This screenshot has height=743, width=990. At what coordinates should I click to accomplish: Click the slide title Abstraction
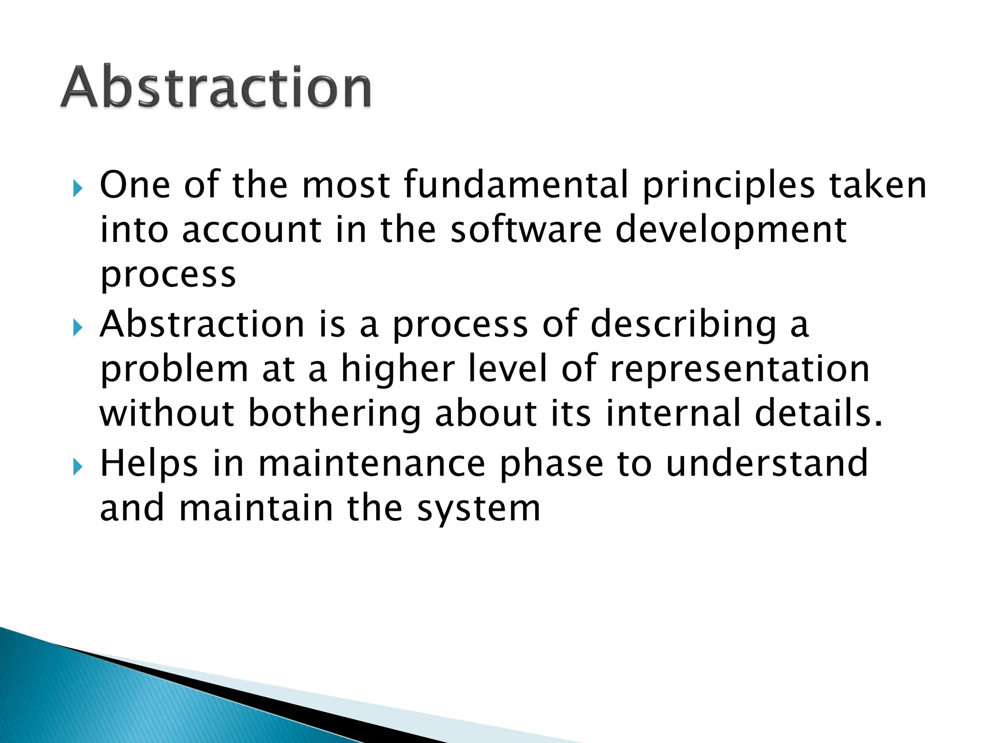[x=216, y=88]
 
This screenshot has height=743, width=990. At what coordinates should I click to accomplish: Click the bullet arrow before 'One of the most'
[x=77, y=188]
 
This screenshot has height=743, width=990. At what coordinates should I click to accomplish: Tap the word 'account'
[x=251, y=230]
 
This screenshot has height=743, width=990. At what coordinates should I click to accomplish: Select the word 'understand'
[x=767, y=463]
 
